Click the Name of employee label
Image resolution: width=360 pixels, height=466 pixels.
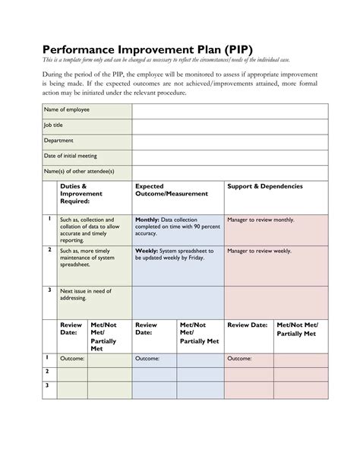tap(68, 109)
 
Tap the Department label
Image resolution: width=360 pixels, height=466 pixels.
tap(59, 141)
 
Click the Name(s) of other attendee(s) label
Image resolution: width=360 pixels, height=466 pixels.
tap(80, 172)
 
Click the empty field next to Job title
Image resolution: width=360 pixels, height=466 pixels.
tap(230, 126)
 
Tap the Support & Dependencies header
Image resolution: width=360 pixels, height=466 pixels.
tap(265, 186)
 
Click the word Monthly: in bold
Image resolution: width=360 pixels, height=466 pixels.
tap(147, 220)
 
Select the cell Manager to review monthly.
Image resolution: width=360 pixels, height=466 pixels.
tap(261, 220)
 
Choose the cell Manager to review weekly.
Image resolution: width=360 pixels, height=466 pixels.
tap(260, 250)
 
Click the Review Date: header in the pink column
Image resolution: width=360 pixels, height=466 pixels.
tap(247, 325)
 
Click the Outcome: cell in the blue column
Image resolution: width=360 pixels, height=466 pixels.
tap(147, 359)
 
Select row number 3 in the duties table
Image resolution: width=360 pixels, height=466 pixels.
tap(49, 290)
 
